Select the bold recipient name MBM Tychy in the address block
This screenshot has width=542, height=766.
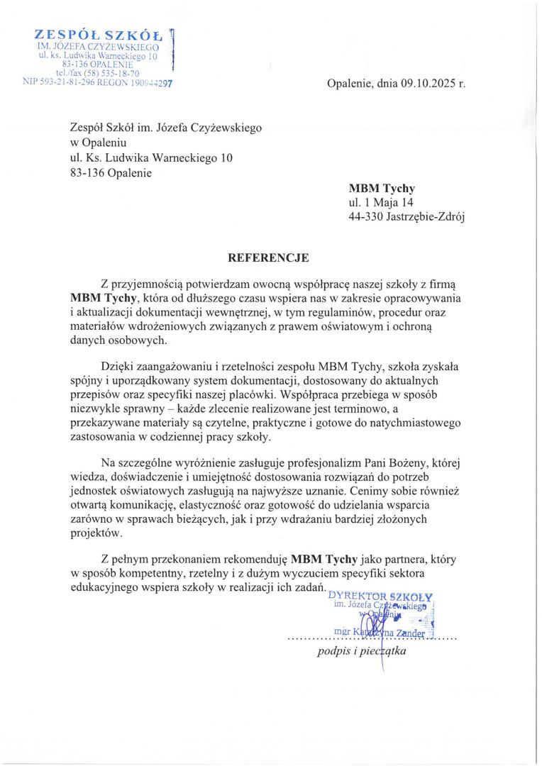(382, 189)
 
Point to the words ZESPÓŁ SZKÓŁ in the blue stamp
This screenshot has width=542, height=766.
(99, 35)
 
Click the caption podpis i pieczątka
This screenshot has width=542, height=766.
(361, 653)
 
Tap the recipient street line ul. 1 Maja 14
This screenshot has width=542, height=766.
(377, 204)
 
